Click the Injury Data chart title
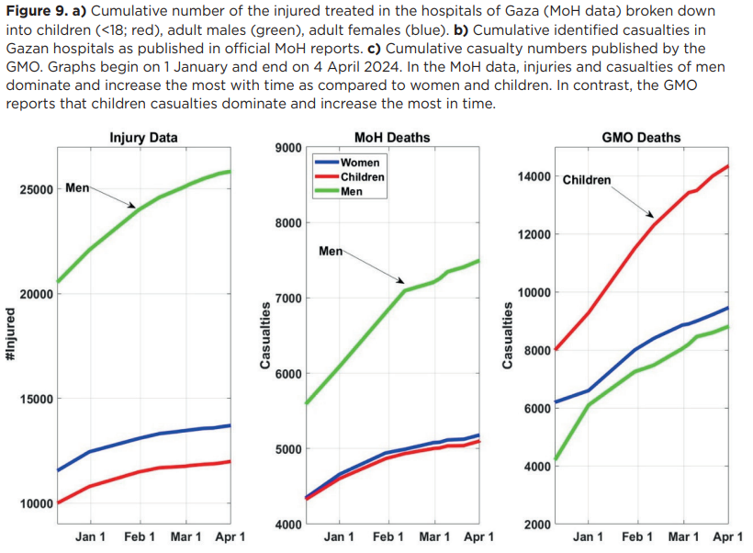click(143, 138)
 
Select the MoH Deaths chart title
click(391, 138)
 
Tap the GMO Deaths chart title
click(641, 138)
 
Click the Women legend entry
click(359, 163)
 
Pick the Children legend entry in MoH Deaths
click(362, 176)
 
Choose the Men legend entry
click(351, 191)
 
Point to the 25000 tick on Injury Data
click(35, 189)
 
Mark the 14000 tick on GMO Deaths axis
click(534, 176)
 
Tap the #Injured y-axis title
click(11, 334)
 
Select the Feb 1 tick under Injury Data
click(140, 536)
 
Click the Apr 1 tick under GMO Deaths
click(727, 536)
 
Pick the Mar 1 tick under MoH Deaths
click(434, 536)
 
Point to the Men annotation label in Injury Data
click(78, 188)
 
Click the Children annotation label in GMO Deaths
click(586, 180)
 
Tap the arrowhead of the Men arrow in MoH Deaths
click(402, 281)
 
